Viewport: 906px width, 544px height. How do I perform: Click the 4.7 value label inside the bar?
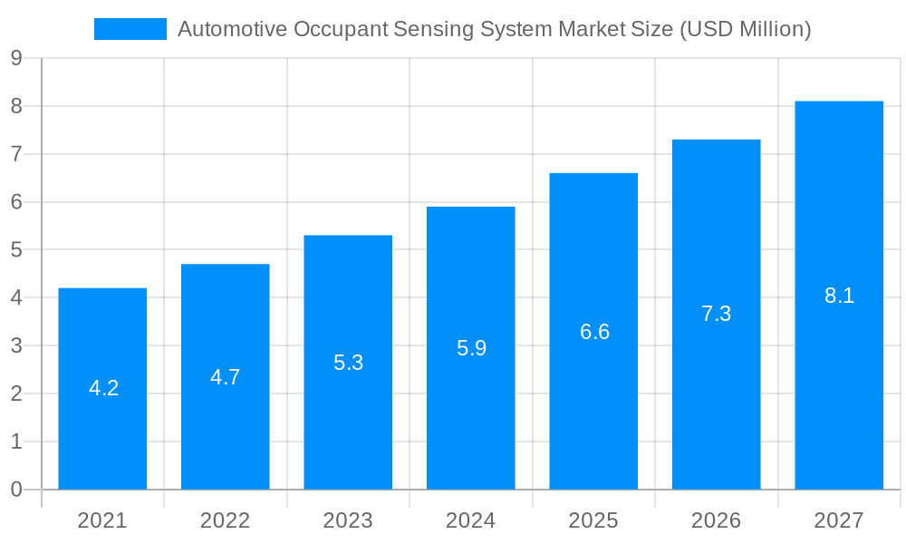(x=226, y=377)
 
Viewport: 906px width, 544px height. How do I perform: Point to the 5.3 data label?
(x=348, y=363)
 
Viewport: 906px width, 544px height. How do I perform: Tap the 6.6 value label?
(x=594, y=332)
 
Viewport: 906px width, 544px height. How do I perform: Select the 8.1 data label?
(x=839, y=296)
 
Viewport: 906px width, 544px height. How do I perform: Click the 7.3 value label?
(x=716, y=314)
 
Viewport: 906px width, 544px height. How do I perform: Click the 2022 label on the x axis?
(x=226, y=520)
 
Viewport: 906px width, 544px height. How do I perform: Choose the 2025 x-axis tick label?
(x=593, y=520)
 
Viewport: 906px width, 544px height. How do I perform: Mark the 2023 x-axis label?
(x=348, y=520)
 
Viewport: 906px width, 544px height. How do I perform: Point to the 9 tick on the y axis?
(x=16, y=59)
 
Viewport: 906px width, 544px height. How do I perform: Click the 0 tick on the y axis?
(x=16, y=490)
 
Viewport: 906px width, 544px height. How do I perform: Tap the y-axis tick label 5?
(x=16, y=250)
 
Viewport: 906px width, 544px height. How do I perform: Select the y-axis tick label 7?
(x=16, y=154)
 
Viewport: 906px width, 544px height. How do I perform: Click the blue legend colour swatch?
(x=130, y=29)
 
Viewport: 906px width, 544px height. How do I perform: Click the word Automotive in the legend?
(x=232, y=29)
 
